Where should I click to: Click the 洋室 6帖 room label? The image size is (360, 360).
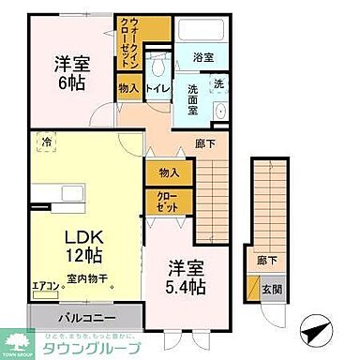click(x=72, y=73)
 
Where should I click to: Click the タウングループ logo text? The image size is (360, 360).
click(x=93, y=348)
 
